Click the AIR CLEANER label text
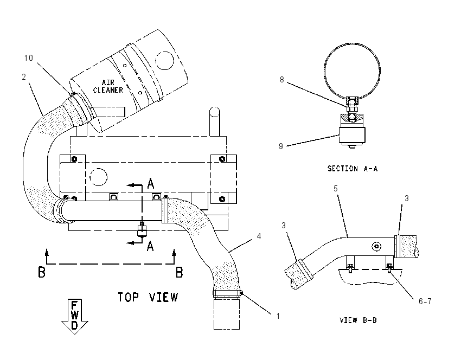(x=108, y=86)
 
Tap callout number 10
(x=29, y=58)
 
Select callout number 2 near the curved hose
(x=24, y=77)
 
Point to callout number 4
(x=259, y=236)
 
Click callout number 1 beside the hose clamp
(x=278, y=316)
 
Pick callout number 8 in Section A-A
(x=281, y=80)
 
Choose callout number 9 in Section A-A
(x=281, y=146)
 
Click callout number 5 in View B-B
(x=336, y=188)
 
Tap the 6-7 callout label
(x=425, y=301)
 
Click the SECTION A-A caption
(x=353, y=169)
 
